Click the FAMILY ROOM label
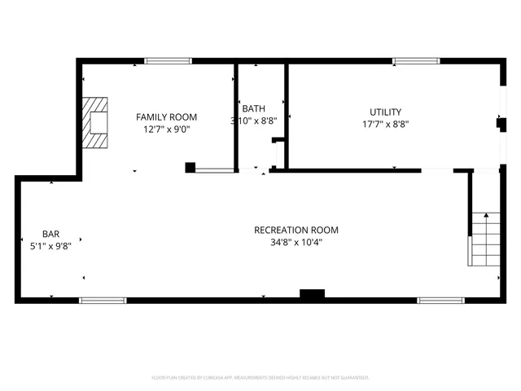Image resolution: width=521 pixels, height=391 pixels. click(166, 117)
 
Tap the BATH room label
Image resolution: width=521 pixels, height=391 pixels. click(253, 108)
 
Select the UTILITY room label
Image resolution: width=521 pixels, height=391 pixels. click(385, 112)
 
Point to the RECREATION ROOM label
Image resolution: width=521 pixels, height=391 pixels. click(296, 231)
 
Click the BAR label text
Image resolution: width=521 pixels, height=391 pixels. click(50, 233)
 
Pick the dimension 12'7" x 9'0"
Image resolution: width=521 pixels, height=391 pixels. click(169, 129)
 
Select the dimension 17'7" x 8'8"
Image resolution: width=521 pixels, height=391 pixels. click(385, 125)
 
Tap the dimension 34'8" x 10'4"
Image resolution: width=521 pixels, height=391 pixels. click(296, 242)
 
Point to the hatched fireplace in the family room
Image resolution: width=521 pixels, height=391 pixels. click(97, 123)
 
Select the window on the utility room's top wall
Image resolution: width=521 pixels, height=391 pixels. click(416, 61)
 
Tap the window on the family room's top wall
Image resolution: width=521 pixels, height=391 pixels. click(169, 61)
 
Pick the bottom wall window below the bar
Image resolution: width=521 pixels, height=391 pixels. click(103, 301)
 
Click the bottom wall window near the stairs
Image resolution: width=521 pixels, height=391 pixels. click(440, 301)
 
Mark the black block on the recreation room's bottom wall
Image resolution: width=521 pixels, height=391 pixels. click(312, 294)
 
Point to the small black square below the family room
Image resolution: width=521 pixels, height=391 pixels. click(190, 168)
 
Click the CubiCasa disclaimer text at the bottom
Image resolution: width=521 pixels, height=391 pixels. click(260, 378)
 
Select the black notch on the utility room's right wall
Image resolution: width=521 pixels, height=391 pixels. click(501, 124)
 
